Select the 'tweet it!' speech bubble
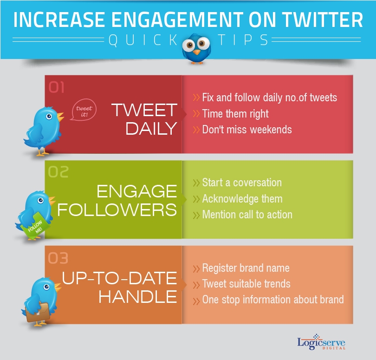tap(84, 111)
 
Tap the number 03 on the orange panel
tap(58, 257)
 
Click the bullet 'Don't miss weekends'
tap(246, 129)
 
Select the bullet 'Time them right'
tap(235, 113)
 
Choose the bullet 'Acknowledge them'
tap(242, 199)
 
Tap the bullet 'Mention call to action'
tap(247, 215)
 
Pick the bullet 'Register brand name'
tap(246, 268)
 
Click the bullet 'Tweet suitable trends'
tap(246, 284)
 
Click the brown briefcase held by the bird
tap(38, 313)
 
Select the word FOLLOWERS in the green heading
tap(117, 209)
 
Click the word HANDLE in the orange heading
tap(138, 296)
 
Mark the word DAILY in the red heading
tap(151, 128)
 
